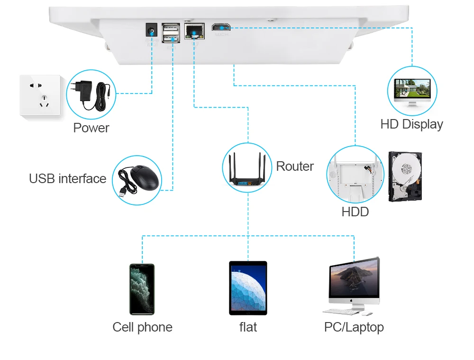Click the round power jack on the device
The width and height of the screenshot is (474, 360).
pos(152,32)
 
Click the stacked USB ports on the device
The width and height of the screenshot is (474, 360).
pos(170,33)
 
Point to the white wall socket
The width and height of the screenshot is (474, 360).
pos(40,95)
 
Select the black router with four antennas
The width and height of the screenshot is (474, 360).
pos(247,172)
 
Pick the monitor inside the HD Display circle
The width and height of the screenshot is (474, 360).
pos(412,90)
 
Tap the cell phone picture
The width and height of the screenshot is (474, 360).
pos(142,289)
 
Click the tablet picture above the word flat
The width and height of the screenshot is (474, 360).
pos(248,288)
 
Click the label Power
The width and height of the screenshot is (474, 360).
pos(91,128)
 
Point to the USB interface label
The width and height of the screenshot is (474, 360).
pos(67,179)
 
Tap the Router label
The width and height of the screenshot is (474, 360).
pos(294,166)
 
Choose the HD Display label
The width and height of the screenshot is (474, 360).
pos(411,124)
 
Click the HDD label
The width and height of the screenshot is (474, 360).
pos(355,212)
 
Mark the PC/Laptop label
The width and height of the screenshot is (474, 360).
pos(354,327)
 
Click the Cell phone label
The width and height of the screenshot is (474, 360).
pos(142,327)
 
